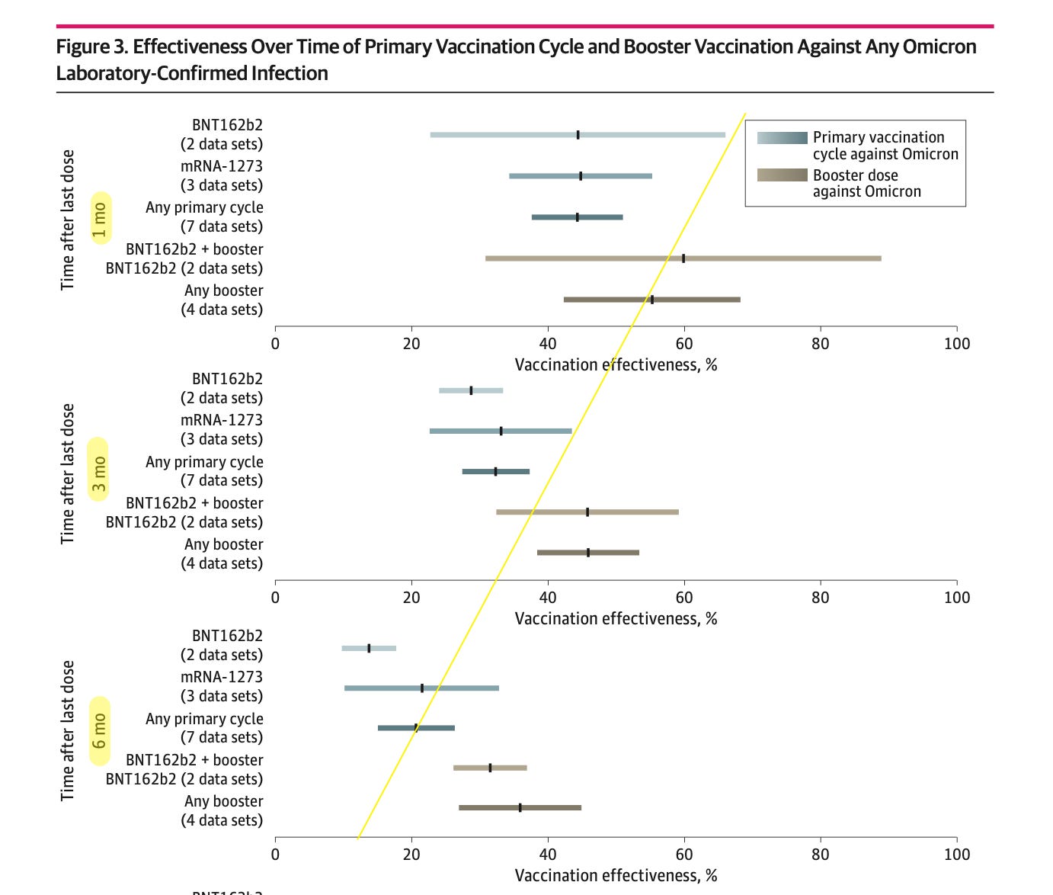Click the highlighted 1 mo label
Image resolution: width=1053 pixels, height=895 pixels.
[100, 217]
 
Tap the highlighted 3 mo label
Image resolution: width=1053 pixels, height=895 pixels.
[99, 470]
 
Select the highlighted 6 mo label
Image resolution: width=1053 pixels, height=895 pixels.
[100, 731]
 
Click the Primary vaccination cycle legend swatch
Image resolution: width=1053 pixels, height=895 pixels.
[782, 138]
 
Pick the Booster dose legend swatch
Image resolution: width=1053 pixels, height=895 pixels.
[782, 175]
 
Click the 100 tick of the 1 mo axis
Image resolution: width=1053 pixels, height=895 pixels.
[956, 344]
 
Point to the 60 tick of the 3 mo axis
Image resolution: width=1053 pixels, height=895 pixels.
[683, 598]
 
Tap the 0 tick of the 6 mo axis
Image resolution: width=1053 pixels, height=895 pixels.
[275, 855]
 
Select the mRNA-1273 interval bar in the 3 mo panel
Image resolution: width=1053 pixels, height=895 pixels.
[500, 431]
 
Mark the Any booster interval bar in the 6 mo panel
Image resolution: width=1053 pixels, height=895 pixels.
[520, 807]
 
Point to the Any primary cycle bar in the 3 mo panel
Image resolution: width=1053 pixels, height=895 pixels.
[495, 472]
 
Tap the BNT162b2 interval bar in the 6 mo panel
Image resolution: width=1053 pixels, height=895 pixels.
[369, 648]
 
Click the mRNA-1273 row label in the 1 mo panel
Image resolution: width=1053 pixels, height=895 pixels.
[221, 175]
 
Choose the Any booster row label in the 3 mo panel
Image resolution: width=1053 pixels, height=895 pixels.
[222, 553]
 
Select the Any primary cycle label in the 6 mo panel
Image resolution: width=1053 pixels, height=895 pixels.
[204, 728]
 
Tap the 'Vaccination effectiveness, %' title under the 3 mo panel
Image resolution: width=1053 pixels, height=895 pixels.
[616, 618]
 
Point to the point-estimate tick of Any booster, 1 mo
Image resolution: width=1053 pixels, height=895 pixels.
[651, 300]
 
